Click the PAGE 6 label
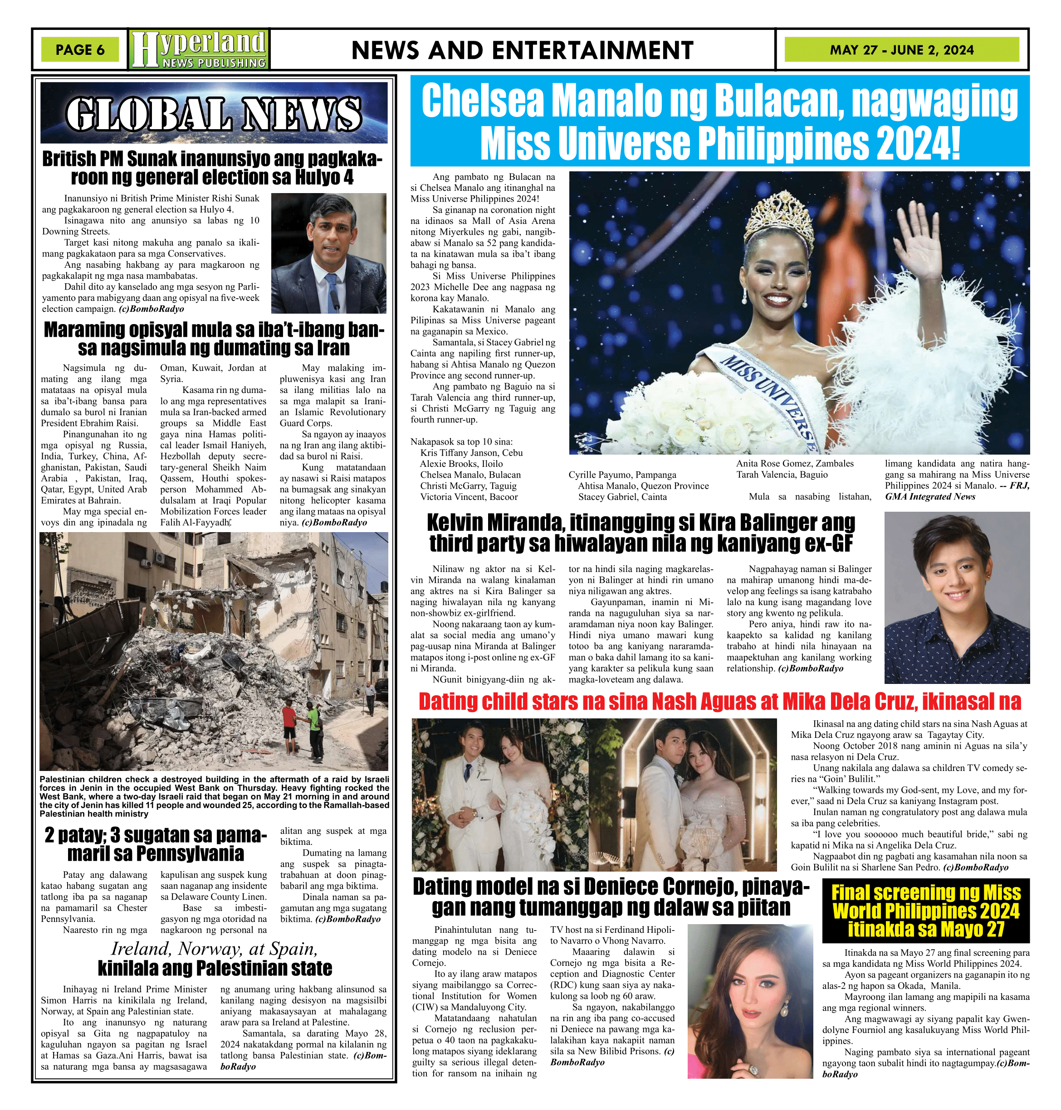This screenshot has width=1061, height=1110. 80,50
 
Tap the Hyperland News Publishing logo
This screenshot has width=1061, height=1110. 199,50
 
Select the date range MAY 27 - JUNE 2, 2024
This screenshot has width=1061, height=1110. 901,50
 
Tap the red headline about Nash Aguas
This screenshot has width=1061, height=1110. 719,702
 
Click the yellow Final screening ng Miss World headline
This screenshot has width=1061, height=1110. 926,911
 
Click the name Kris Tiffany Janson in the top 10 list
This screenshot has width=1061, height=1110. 470,453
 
